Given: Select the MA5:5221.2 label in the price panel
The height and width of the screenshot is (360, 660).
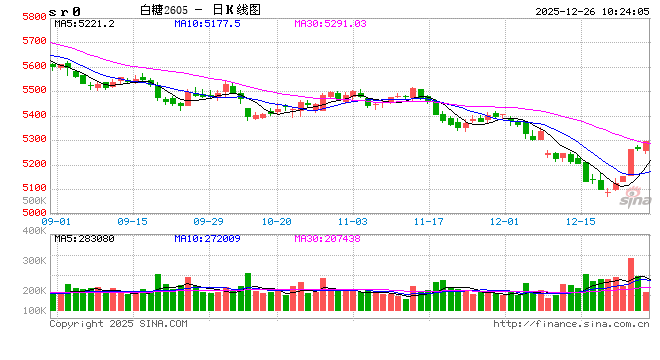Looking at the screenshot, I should [85, 23].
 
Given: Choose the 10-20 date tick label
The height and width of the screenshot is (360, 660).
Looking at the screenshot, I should [276, 221].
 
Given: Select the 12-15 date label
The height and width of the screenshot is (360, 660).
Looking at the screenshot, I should [580, 221].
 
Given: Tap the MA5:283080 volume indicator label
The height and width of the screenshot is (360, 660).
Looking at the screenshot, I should [85, 238].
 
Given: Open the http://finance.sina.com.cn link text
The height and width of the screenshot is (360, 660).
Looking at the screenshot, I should [571, 324].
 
